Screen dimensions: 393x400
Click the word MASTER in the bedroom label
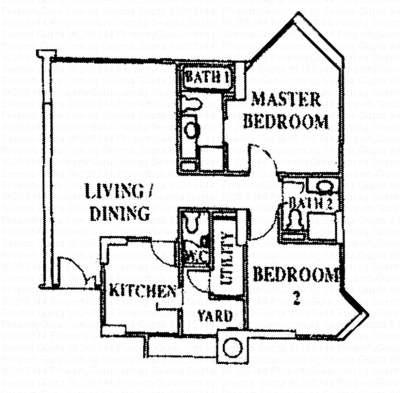286,99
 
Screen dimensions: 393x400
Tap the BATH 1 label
206,77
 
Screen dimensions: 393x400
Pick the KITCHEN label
142,290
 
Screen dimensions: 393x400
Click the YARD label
215,316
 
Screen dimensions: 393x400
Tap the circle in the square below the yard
232,347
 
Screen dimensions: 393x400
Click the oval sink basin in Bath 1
191,129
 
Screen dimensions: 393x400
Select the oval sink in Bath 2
325,186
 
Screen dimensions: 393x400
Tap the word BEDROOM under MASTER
285,121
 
